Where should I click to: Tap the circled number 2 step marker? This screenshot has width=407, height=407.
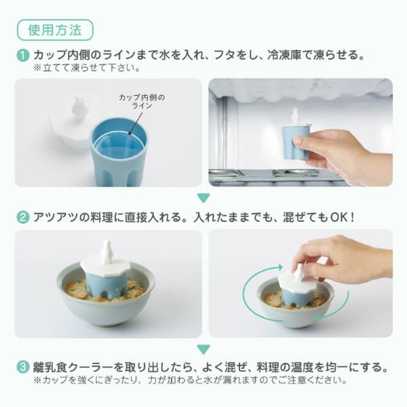click(x=23, y=218)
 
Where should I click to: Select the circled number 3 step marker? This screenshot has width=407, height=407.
click(x=23, y=368)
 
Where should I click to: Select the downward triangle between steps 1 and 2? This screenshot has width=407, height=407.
click(x=203, y=198)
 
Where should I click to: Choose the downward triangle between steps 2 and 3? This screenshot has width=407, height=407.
click(x=203, y=349)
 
